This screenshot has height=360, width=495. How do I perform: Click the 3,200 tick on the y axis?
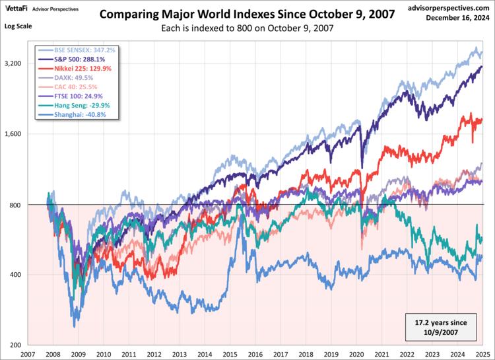click(14, 63)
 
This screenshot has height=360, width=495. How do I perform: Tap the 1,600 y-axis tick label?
click(14, 134)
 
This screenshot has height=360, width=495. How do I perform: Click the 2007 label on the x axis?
click(28, 354)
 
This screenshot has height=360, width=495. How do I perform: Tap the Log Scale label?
click(18, 26)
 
